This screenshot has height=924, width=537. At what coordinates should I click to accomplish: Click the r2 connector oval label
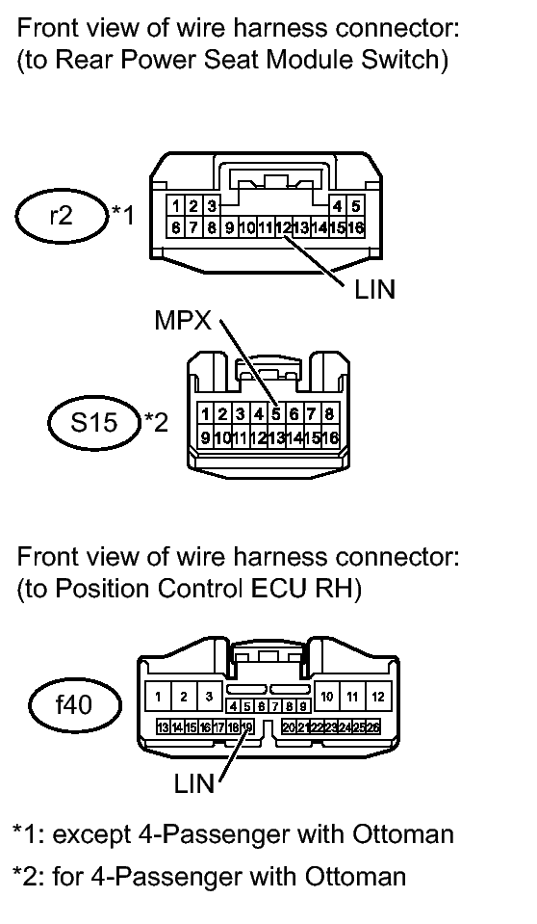click(x=62, y=216)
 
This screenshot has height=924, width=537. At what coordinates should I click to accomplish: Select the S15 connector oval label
click(x=94, y=422)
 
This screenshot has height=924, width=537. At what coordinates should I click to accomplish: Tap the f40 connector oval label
click(x=75, y=704)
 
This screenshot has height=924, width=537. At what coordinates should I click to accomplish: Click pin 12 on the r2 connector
click(x=284, y=226)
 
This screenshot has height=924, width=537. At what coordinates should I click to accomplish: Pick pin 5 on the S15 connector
click(x=275, y=413)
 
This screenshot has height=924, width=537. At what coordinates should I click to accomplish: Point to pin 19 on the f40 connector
click(x=246, y=727)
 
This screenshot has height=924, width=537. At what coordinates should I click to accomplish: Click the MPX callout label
click(x=183, y=321)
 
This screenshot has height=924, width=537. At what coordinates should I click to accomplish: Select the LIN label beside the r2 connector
click(x=375, y=290)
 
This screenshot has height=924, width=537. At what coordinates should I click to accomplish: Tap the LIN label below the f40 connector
click(x=194, y=783)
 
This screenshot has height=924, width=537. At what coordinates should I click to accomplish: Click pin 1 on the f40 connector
click(x=158, y=698)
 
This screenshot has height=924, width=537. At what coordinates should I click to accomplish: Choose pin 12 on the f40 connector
click(x=378, y=698)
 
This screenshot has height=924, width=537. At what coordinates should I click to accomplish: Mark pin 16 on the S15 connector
click(x=330, y=437)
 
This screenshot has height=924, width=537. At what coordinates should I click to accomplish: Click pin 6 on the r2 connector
click(x=175, y=226)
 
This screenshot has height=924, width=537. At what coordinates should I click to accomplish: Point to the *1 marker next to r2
click(x=122, y=215)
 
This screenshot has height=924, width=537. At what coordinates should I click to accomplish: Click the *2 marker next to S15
click(x=156, y=422)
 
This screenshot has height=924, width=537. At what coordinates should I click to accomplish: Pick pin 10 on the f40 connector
click(x=327, y=698)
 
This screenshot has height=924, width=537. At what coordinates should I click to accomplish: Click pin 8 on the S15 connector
click(x=330, y=413)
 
